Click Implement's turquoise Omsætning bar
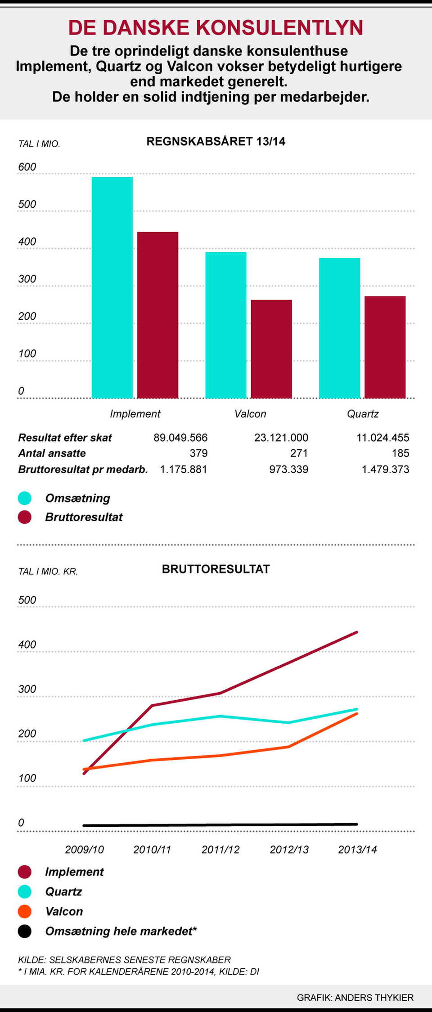[112, 288]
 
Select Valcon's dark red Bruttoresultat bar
[271, 349]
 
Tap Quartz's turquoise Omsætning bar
[339, 328]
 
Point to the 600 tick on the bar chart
[27, 167]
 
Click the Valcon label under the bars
[250, 414]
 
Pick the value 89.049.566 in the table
[180, 438]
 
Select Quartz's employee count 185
[400, 453]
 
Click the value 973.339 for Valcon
[289, 470]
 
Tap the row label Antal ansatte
[52, 453]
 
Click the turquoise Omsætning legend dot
[25, 498]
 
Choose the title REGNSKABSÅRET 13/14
[216, 142]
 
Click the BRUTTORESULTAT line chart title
[216, 569]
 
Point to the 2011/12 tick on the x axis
[220, 850]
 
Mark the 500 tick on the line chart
[27, 600]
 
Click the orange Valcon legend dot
[25, 911]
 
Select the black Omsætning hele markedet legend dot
[25, 931]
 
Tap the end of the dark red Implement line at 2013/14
[357, 632]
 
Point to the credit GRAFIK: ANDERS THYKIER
[355, 998]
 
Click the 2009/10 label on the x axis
[85, 850]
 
